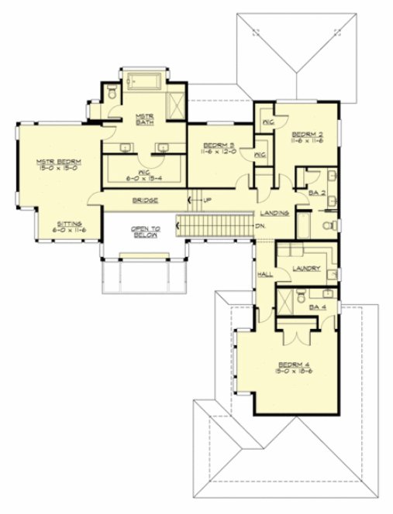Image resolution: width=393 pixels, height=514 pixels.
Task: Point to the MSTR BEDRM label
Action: tap(58, 162)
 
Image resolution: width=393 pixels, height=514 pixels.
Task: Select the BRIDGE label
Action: tap(146, 201)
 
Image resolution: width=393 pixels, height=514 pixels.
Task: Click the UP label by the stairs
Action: tap(208, 201)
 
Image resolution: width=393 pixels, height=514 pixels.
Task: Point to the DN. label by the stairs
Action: tap(261, 225)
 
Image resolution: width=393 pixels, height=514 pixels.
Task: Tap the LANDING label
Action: tap(275, 211)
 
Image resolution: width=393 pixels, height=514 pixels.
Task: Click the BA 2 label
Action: tap(316, 192)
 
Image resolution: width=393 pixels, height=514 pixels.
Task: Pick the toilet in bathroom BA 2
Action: tap(329, 225)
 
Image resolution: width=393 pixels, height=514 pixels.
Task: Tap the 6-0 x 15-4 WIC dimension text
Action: tap(143, 177)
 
